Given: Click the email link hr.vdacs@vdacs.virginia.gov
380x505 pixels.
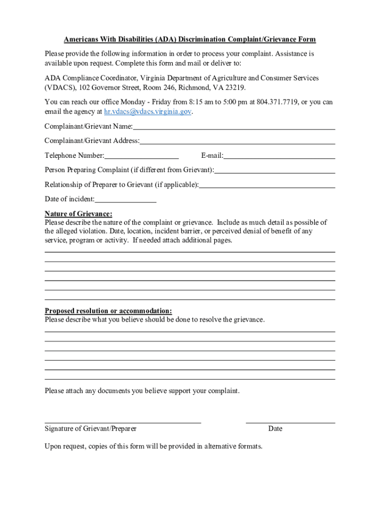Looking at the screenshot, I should point(148,112).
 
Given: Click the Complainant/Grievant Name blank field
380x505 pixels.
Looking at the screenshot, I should point(234,127).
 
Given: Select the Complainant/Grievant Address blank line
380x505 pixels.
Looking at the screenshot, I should point(237,142).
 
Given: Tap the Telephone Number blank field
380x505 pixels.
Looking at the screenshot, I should point(142,157).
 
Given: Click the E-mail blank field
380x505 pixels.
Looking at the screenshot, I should point(279,157).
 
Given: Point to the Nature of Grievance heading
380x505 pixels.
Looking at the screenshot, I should point(78,214).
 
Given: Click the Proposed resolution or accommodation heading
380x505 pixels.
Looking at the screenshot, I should point(109,311).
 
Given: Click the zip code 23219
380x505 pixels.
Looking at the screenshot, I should point(235,87).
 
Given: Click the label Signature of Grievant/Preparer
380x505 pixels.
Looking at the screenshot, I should point(91,429).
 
